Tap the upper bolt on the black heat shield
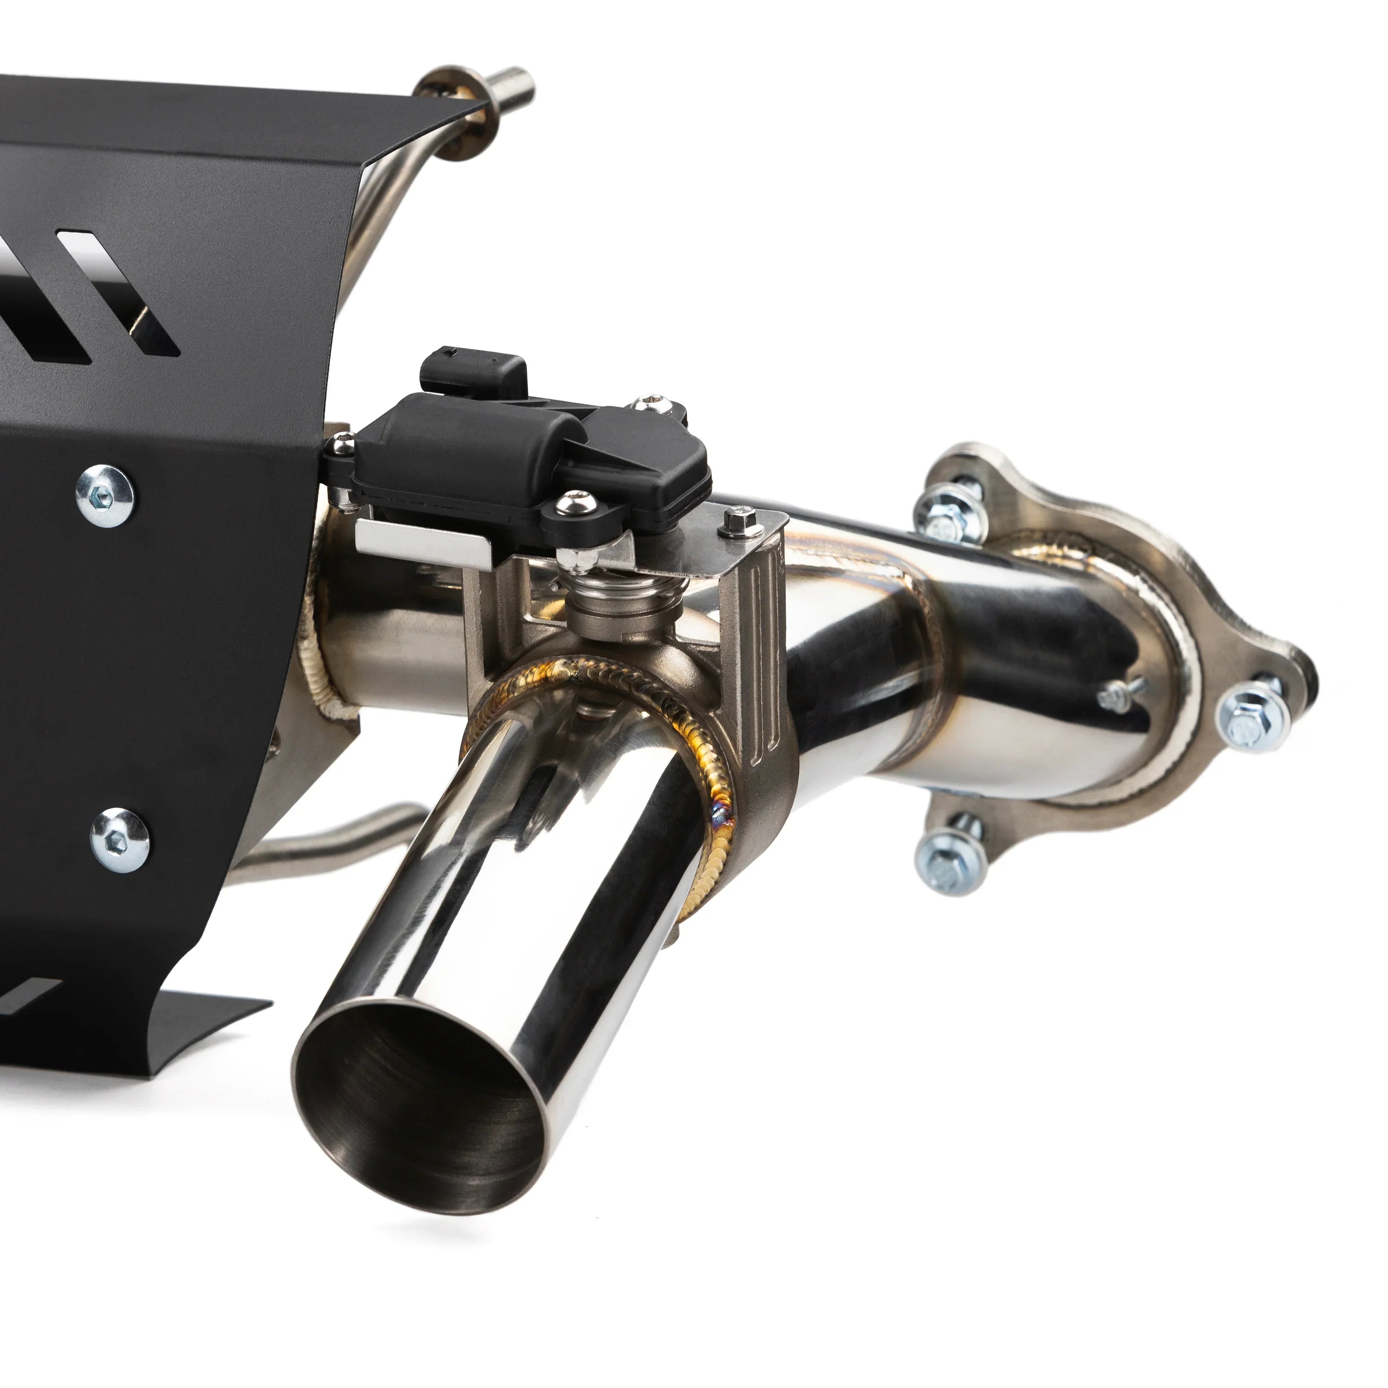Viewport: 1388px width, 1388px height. pos(105,496)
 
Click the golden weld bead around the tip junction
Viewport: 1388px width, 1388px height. pos(719,790)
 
